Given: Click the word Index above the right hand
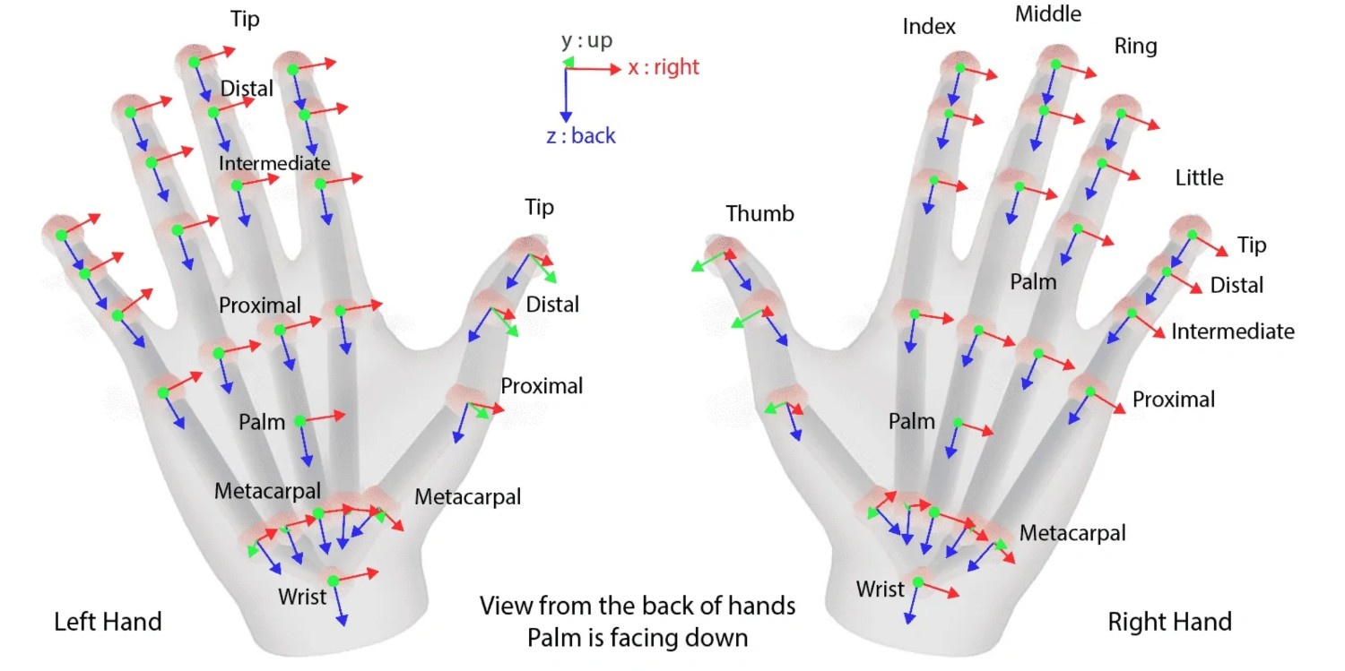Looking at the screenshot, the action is [929, 26].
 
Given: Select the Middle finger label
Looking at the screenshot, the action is [1048, 13].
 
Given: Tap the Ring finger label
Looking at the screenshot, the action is [1135, 47].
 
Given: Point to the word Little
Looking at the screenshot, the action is [1199, 177].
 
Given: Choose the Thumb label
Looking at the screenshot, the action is [759, 213].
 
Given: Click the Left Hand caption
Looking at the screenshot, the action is [108, 622].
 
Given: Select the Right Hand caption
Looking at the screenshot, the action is [1169, 622].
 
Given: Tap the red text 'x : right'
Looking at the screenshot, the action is [664, 66].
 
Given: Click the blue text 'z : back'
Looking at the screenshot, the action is [581, 135].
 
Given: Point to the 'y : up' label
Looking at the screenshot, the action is [586, 41].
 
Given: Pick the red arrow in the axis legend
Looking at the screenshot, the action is [594, 70].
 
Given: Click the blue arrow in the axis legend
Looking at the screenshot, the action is [566, 96].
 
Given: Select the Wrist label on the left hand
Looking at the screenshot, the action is [302, 597].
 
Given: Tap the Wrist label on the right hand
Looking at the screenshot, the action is [880, 589].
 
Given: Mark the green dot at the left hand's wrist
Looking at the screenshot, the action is [334, 581].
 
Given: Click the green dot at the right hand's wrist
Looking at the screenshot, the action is [917, 581].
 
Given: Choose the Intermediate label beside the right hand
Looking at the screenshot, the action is [1233, 331].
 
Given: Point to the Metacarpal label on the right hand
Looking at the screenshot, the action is [1072, 532].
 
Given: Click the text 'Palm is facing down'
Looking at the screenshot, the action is [638, 638].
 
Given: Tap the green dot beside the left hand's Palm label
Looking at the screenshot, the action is [299, 421].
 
